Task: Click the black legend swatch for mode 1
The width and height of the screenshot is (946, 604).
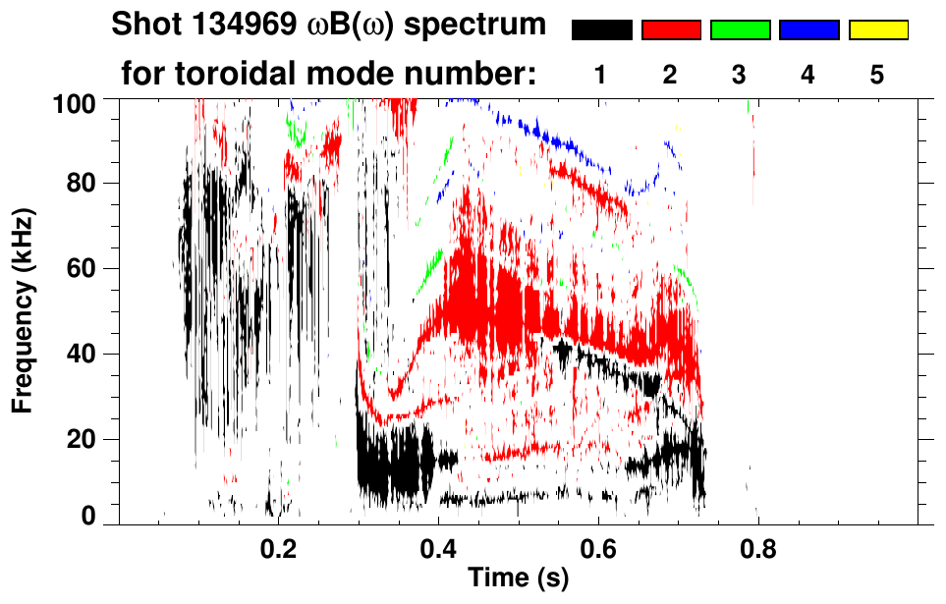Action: (602, 30)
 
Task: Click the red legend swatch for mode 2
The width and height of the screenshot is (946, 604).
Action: (671, 30)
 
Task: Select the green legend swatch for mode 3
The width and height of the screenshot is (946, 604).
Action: (740, 30)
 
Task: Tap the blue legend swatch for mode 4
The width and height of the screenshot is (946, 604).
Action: (808, 30)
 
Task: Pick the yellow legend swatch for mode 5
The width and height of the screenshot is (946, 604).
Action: (877, 30)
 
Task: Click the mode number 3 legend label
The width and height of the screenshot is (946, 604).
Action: (740, 75)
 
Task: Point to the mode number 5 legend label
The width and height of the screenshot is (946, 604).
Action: (877, 75)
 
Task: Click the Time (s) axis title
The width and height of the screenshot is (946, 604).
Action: (517, 579)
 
